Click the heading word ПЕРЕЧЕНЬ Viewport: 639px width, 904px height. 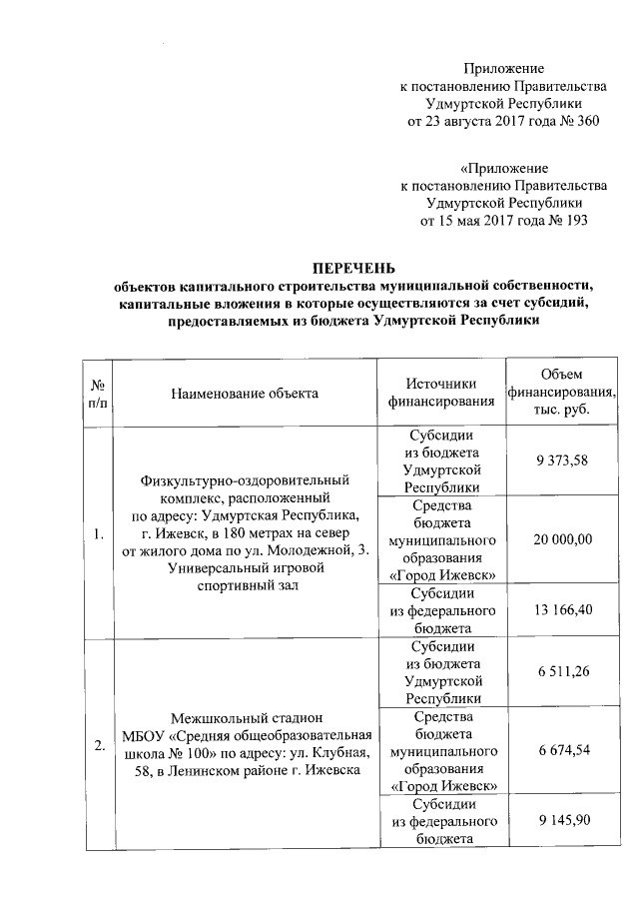(x=354, y=268)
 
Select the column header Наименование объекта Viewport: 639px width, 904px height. (x=245, y=393)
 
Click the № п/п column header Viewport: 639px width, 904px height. (x=98, y=393)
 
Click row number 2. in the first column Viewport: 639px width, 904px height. (x=98, y=745)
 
